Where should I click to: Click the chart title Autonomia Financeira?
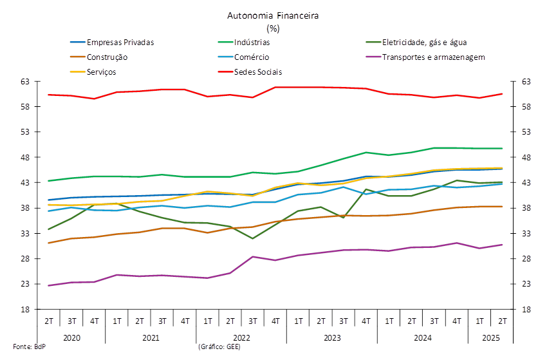[x=273, y=15]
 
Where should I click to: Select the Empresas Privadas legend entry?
[x=120, y=43]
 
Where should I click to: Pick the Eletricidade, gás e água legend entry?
[x=423, y=43]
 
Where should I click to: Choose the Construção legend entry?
[x=107, y=57]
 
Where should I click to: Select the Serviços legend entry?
[x=101, y=71]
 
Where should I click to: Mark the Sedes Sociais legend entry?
[x=258, y=71]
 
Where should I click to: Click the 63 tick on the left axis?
[x=26, y=82]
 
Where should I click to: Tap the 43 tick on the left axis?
[x=26, y=183]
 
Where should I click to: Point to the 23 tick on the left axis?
[x=26, y=284]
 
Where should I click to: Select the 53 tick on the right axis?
[x=525, y=132]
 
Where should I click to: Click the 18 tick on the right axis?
[x=525, y=309]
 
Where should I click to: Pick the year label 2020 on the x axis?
[x=71, y=337]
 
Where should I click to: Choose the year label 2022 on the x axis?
[x=241, y=337]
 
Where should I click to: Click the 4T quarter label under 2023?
[x=366, y=321]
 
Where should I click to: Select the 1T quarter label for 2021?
[x=116, y=321]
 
